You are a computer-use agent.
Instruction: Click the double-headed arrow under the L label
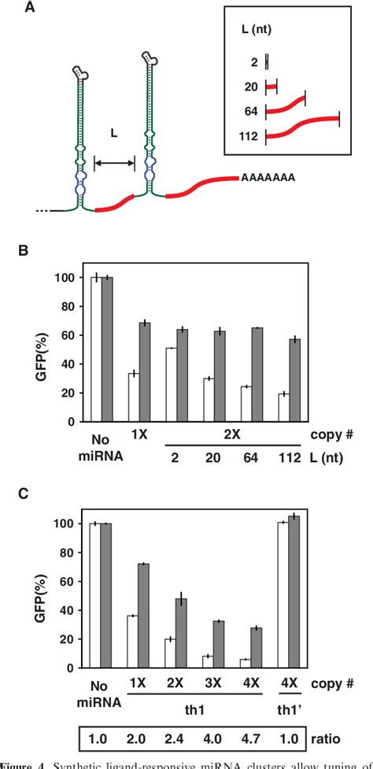click(115, 163)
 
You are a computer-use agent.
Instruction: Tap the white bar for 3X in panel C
click(207, 662)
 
